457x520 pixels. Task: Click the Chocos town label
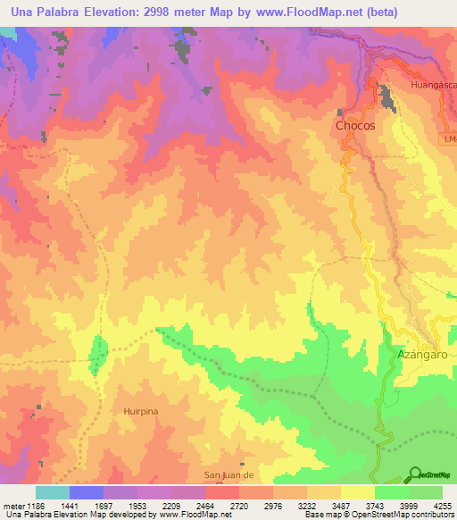point(354,126)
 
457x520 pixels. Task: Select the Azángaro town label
point(420,355)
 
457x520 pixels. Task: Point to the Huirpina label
point(141,411)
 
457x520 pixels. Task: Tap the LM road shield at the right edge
point(449,138)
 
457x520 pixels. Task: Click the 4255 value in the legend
point(442,506)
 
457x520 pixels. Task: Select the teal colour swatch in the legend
point(53,492)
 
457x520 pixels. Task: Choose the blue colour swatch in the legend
point(87,492)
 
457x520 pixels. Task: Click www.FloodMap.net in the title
point(301,12)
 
